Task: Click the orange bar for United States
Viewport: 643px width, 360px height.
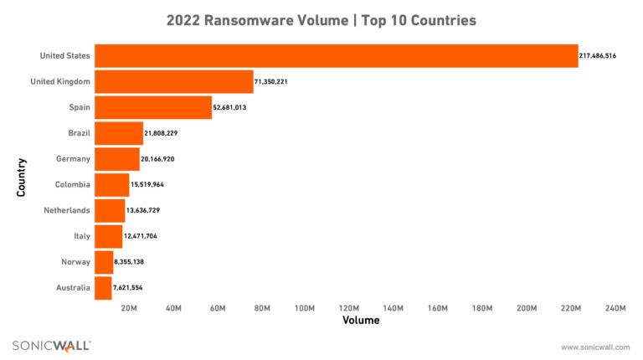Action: pos(336,56)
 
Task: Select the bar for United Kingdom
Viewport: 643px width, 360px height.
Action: pos(173,82)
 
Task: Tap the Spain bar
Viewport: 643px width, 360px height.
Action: pos(153,108)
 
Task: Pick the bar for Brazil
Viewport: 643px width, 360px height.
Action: pos(119,133)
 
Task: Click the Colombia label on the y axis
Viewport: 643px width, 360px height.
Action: pos(73,185)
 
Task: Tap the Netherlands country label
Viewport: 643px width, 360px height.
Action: pos(67,211)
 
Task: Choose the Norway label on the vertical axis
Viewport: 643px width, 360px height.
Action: pos(76,262)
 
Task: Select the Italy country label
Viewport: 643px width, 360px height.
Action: pos(82,237)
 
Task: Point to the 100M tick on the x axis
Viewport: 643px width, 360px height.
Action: pos(306,309)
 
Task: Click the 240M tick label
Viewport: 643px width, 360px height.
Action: pos(615,309)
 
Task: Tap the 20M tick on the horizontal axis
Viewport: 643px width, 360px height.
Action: pos(130,309)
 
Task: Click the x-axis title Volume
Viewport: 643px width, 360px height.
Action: pos(361,321)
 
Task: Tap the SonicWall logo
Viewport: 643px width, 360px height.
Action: pos(51,346)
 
